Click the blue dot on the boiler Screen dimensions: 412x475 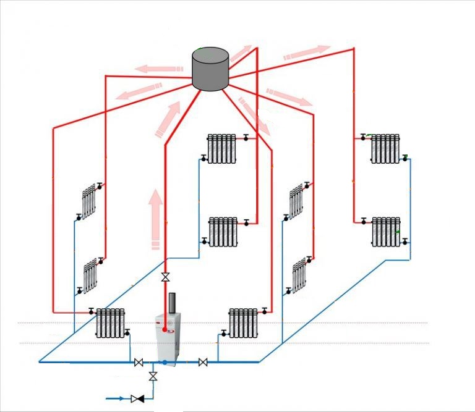pos(165,361)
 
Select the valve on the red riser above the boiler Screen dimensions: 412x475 pos(165,277)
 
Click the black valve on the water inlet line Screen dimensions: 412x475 pos(139,398)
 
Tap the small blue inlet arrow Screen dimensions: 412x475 pos(118,398)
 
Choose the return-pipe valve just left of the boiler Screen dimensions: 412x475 pos(139,362)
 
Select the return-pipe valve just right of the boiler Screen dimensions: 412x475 pos(203,362)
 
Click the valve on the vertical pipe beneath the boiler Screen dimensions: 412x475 pos(153,376)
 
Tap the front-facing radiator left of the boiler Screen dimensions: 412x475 pos(111,322)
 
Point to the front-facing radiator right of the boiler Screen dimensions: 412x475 pos(243,321)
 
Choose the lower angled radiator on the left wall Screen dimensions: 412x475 pos(91,275)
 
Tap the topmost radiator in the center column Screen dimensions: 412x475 pos(221,148)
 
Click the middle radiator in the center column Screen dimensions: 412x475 pos(223,231)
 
